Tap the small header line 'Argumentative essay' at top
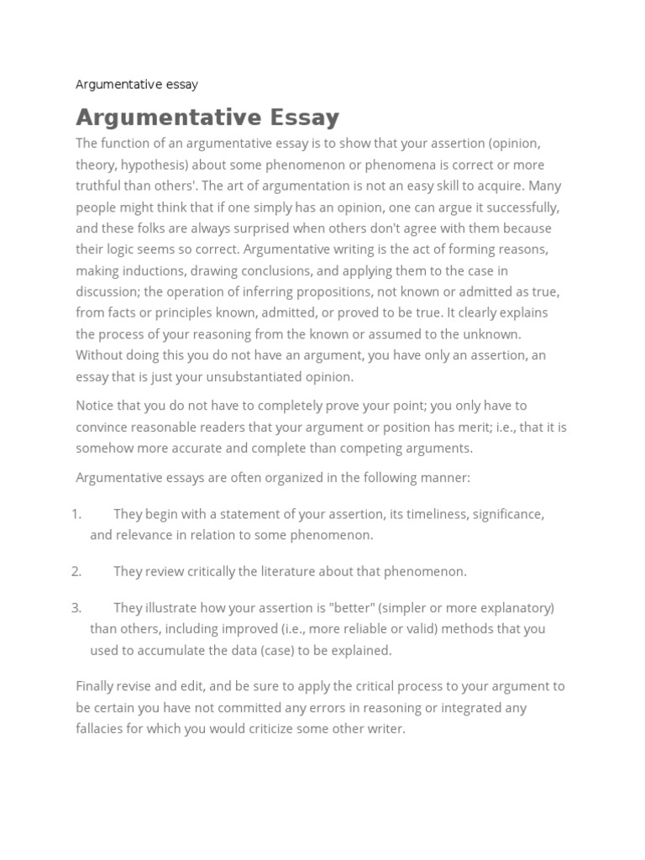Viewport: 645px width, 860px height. click(x=137, y=84)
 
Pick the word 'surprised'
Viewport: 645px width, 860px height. click(x=277, y=228)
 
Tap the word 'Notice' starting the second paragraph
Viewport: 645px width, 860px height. click(x=95, y=405)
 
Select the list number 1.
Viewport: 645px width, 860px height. click(x=76, y=514)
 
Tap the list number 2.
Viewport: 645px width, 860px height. click(x=76, y=571)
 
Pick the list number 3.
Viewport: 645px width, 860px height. click(x=76, y=607)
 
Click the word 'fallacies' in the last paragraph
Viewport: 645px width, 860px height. click(x=101, y=728)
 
